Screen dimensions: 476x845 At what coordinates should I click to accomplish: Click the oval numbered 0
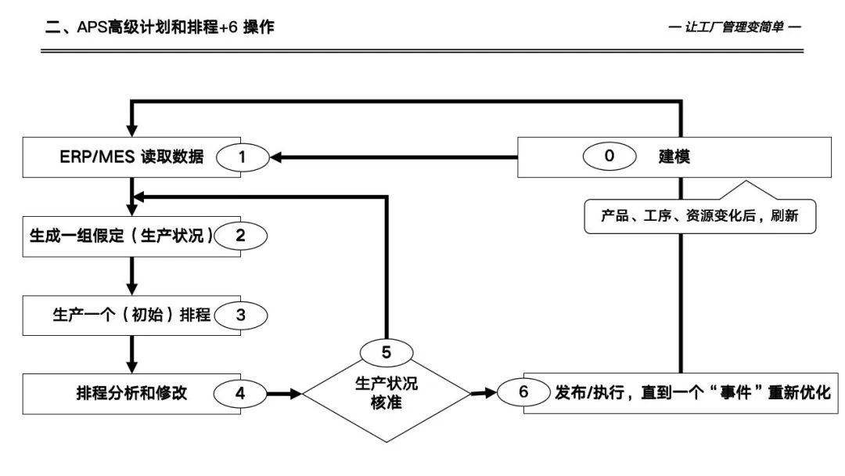[x=609, y=156]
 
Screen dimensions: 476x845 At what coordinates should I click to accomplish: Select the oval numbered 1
[x=243, y=157]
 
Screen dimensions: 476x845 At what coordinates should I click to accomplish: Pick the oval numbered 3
[x=241, y=315]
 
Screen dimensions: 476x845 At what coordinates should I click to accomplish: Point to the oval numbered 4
[x=240, y=393]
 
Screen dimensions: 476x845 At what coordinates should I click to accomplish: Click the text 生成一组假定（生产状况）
[x=117, y=236]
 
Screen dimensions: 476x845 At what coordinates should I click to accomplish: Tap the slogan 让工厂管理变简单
[x=735, y=28]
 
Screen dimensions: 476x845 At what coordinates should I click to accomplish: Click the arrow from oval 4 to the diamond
[x=284, y=394]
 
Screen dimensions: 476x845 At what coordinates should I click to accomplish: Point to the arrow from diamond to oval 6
[x=483, y=391]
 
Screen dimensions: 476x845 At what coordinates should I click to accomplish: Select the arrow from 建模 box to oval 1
[x=391, y=157]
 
